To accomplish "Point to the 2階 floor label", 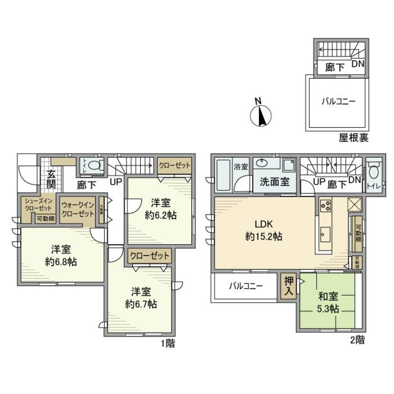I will [x=357, y=340].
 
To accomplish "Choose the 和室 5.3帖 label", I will [x=328, y=302].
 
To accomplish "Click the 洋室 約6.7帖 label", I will [x=141, y=298].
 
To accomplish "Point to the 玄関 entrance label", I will [x=50, y=179].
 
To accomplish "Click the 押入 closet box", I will [x=289, y=286].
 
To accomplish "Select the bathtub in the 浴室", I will [x=223, y=174].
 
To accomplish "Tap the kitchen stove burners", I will [x=326, y=204].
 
